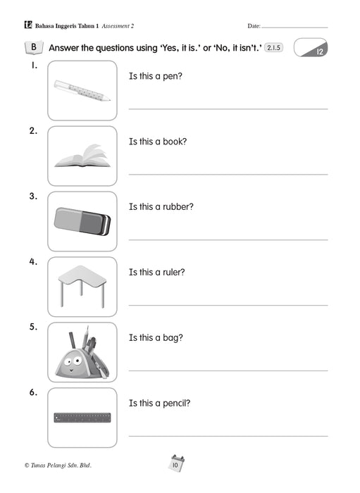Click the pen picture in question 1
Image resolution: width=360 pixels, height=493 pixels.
(x=82, y=91)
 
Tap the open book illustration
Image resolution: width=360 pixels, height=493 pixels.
(x=82, y=156)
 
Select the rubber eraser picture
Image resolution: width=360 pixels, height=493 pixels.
(x=82, y=221)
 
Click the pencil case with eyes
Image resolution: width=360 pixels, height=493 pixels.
(x=82, y=352)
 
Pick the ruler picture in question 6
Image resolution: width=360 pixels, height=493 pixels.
(x=82, y=418)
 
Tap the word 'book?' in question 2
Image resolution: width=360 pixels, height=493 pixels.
(x=175, y=142)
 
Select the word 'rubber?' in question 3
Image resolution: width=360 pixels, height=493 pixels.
(x=178, y=207)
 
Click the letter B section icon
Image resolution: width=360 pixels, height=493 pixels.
(x=34, y=47)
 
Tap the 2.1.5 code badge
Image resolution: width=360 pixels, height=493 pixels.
(x=273, y=48)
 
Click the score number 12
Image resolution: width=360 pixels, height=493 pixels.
(x=319, y=51)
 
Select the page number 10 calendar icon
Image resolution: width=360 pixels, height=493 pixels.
(x=175, y=463)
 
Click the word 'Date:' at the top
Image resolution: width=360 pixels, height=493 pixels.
(x=254, y=26)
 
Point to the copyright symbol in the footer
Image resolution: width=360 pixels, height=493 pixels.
(x=27, y=466)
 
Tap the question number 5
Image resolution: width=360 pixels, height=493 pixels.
(x=33, y=327)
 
